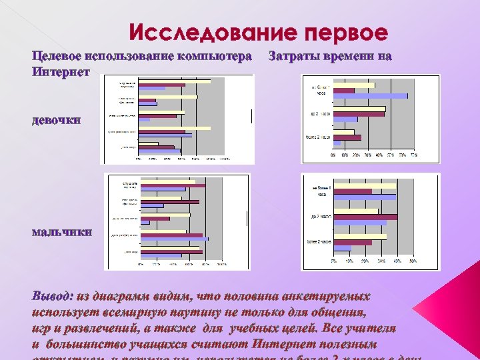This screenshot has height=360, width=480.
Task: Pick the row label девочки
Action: point(57,121)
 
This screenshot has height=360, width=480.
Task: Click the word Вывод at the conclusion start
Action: point(51,295)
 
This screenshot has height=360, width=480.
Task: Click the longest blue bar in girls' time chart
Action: point(371,96)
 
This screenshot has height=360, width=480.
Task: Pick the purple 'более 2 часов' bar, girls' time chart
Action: point(347,138)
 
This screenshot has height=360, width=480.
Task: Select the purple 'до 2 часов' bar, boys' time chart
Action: point(365,217)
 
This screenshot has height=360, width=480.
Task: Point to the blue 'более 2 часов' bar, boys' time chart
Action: point(342,249)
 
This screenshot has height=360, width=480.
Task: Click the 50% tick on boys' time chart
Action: point(413,261)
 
